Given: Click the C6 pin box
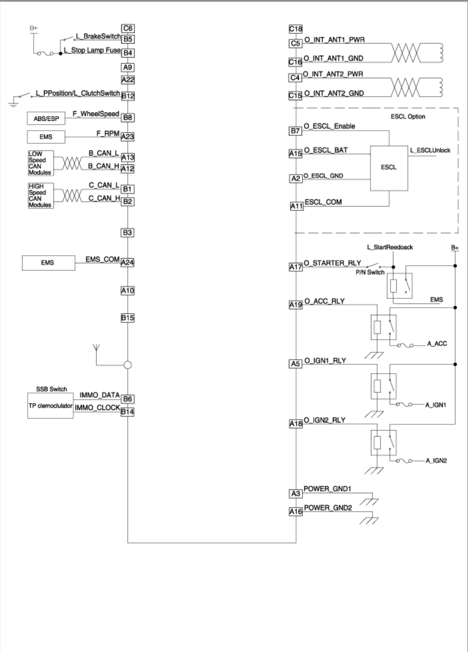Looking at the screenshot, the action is [128, 28].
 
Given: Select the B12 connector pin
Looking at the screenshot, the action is [128, 96].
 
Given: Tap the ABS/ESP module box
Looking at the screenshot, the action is [46, 119].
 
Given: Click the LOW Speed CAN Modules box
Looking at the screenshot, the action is [41, 163].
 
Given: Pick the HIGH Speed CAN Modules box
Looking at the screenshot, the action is [41, 196].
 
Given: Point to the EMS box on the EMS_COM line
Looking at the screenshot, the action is [49, 263].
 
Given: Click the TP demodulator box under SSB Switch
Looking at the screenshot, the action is [51, 406].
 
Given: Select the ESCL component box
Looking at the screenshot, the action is [389, 168].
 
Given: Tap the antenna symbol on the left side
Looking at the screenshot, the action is [96, 348].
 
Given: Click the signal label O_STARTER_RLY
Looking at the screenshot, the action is [332, 263].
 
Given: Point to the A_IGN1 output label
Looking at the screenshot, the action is [436, 405].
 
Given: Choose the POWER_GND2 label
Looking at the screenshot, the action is [328, 508].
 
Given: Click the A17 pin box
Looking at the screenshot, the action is [296, 267].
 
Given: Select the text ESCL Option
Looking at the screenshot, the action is [408, 117].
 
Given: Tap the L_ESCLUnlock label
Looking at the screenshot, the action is [430, 150].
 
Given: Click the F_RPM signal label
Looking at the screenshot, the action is [108, 133].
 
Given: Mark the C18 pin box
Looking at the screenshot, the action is [296, 29].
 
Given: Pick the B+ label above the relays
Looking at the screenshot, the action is [455, 248].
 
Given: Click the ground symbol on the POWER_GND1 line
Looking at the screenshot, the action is [369, 502].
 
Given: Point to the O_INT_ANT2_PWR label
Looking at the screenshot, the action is [333, 74].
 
